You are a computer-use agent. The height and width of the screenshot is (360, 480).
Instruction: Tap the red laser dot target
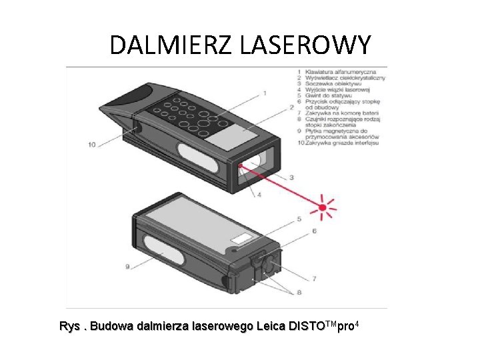tap(324, 207)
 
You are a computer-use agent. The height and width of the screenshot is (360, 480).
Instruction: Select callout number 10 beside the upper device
tap(92, 144)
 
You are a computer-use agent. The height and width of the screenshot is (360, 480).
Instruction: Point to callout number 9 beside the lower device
tap(127, 267)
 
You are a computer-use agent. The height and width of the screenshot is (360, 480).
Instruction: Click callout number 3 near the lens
tap(291, 177)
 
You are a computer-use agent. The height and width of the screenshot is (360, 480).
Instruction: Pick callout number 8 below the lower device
tap(299, 292)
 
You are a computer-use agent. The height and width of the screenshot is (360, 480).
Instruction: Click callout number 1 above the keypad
tap(265, 93)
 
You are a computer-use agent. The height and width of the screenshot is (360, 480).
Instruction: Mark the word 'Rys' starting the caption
tap(69, 327)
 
